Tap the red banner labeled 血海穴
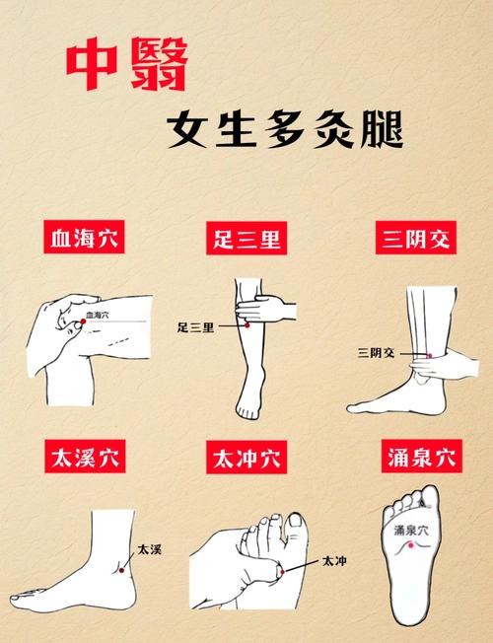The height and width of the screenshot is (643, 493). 91,240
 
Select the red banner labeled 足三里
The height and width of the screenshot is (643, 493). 246,240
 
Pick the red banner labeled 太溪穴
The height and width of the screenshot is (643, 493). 91,459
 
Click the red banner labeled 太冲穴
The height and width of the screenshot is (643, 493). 246,459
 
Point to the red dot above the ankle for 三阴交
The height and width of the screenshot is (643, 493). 429,354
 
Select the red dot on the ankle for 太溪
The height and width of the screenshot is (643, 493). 122,567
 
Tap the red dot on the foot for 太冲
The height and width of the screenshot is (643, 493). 280,572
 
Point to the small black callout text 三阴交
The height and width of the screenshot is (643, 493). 376,351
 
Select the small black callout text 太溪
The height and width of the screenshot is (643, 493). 148,548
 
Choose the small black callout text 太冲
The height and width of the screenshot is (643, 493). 334,560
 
